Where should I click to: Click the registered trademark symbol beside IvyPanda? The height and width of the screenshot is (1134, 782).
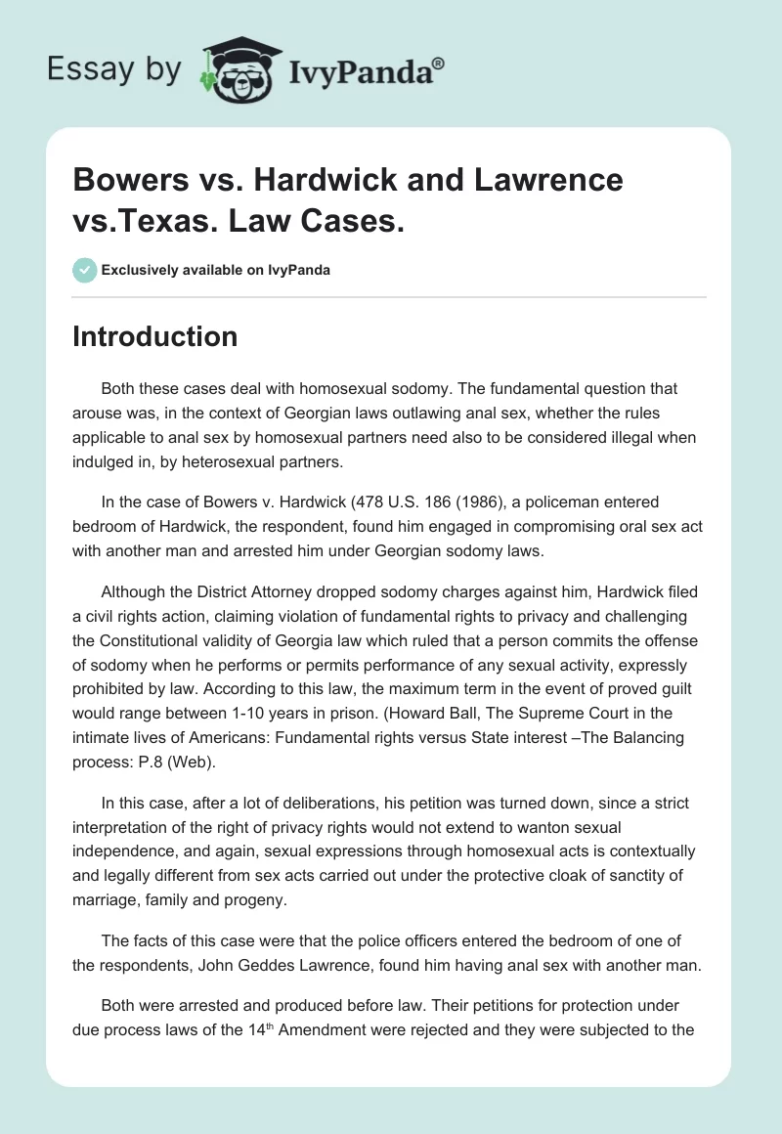point(439,65)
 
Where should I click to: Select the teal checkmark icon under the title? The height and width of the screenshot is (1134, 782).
point(85,270)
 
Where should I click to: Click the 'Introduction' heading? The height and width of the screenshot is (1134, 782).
point(154,336)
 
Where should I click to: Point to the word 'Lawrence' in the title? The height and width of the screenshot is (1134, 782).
point(543,180)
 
